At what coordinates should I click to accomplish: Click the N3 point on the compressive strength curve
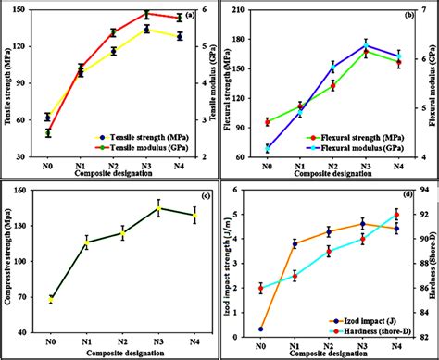(x=159, y=208)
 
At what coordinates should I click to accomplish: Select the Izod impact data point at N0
(x=261, y=329)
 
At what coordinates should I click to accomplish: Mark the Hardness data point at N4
(x=397, y=215)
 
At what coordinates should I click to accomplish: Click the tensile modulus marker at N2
(x=114, y=32)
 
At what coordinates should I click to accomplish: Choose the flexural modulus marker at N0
(x=268, y=148)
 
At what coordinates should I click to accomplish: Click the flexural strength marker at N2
(x=333, y=86)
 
